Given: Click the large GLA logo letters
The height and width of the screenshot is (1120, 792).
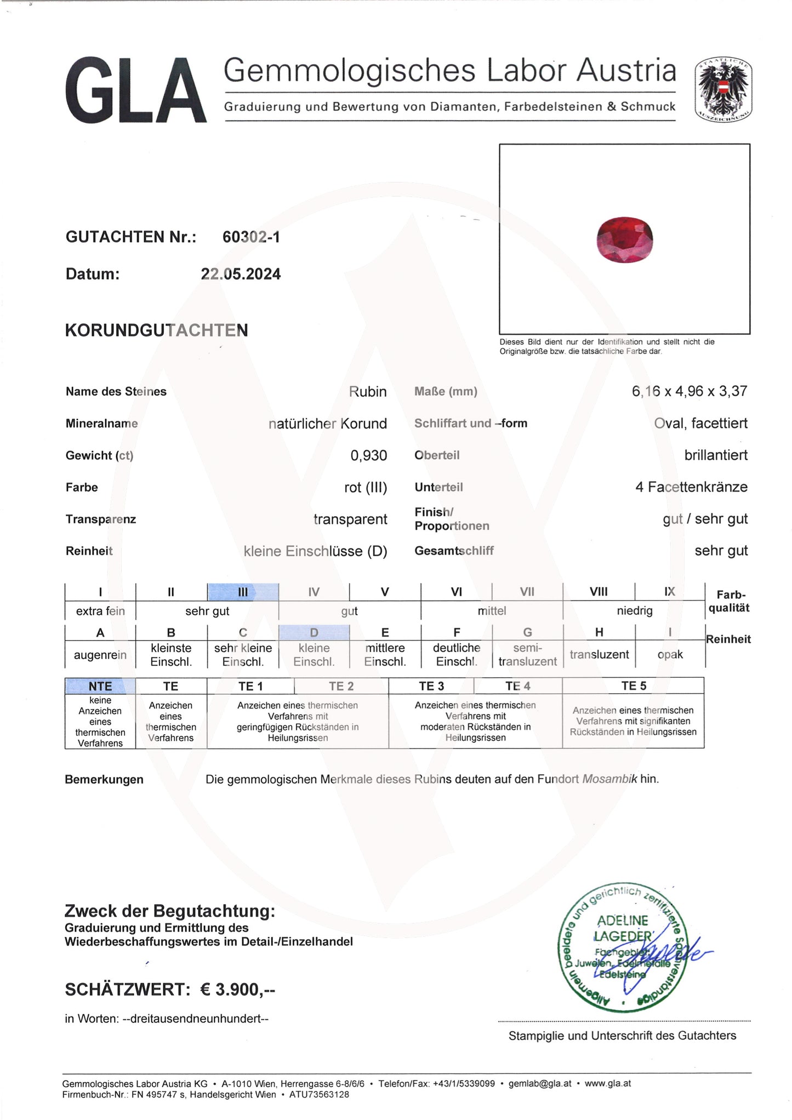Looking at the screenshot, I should pos(135,91).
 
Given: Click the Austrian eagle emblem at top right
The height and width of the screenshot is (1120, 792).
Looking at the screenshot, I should pos(723,89).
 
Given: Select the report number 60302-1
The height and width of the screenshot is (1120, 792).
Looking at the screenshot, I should pos(251,237).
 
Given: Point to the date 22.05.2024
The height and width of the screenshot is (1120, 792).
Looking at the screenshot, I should pos(241,274).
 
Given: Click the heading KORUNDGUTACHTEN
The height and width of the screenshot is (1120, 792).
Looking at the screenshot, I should pos(156,330).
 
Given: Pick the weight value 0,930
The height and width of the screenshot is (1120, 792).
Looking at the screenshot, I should pos(368,455).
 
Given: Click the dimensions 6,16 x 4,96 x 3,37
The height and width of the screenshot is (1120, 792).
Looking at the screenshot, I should pos(689,391).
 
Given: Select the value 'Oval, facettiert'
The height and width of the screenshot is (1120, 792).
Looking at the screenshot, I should pos(700,423).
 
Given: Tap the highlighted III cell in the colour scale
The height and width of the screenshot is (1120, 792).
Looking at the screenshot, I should pos(243,592).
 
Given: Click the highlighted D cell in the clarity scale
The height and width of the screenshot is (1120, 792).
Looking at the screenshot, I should pos(314,633).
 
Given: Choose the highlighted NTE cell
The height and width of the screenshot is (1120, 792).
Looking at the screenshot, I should pos(100,686).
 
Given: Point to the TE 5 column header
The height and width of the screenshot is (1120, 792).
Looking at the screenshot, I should pos(633,686).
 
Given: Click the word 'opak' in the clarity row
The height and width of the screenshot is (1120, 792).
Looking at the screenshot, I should pos(670,655).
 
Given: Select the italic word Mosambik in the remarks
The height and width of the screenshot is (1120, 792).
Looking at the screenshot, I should pos(609,779).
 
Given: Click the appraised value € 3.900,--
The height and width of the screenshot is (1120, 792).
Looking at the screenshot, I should pos(237,990).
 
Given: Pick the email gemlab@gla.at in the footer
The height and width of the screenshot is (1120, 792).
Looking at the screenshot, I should pos(540,1083).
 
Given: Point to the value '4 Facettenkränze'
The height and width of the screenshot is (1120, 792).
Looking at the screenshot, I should pos(691,487).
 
